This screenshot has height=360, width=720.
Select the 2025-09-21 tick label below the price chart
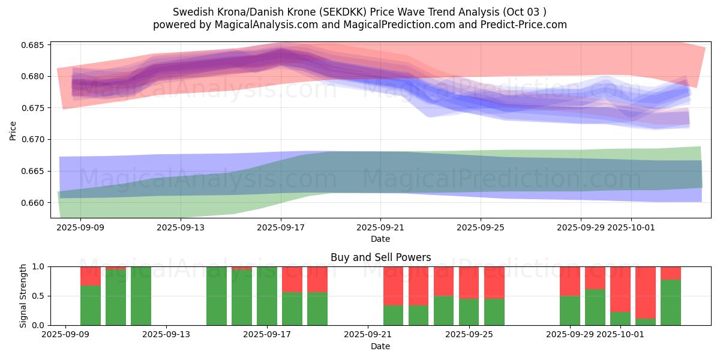(x=380, y=228)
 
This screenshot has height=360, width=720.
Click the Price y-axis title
(x=13, y=130)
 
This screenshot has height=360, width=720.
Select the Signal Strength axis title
(x=23, y=296)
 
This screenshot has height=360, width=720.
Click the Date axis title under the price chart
(x=380, y=239)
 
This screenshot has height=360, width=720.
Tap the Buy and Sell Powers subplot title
(x=380, y=257)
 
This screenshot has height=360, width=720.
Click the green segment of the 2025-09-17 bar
(x=267, y=296)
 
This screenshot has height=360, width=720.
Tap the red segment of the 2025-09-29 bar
(x=570, y=281)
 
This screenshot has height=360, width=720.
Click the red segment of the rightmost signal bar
(x=671, y=273)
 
